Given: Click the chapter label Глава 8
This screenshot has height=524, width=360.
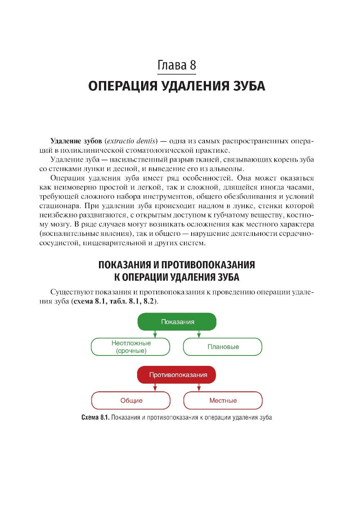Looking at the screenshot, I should click(x=176, y=65).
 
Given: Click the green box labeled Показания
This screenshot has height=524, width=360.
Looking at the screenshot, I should click(x=177, y=322).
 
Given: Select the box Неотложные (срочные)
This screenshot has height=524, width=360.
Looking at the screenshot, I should click(x=131, y=347).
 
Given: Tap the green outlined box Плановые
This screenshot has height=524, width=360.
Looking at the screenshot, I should click(x=223, y=347).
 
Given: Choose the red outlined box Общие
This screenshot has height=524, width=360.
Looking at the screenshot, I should click(x=131, y=400).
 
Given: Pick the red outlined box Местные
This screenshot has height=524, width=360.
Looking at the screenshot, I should click(x=223, y=400).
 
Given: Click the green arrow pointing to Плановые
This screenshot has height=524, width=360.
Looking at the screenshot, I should click(x=199, y=334).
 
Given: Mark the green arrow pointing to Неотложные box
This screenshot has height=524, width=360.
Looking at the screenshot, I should click(x=155, y=334).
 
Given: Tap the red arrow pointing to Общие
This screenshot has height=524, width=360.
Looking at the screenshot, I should click(x=155, y=388).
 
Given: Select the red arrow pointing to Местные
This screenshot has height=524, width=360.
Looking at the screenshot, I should click(x=199, y=388).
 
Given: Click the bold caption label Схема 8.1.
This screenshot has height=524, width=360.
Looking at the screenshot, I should click(x=95, y=418).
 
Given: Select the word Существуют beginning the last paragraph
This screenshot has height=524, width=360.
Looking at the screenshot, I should click(x=71, y=292).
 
